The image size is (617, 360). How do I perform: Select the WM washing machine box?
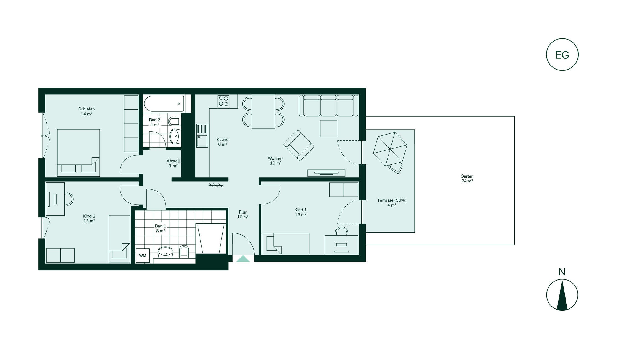(x=143, y=255)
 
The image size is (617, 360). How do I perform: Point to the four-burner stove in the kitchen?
(x=223, y=101)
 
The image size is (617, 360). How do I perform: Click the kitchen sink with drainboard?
(x=202, y=136)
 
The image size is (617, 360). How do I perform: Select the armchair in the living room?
(x=299, y=145)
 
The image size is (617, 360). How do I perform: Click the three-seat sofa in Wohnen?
(x=329, y=106)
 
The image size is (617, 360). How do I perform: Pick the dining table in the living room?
(x=263, y=112)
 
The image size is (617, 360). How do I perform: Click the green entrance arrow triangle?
(x=243, y=259)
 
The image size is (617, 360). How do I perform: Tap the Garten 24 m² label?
(x=467, y=179)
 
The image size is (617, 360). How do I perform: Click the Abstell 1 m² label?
(x=173, y=163)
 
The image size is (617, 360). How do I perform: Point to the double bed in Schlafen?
(x=78, y=153)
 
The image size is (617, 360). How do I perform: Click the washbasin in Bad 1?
(x=165, y=252)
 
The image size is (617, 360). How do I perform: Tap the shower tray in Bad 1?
(x=211, y=238)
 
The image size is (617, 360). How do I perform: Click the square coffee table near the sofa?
(x=329, y=129)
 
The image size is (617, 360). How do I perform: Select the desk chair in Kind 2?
(x=69, y=199)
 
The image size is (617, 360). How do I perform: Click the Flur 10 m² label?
(x=243, y=215)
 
